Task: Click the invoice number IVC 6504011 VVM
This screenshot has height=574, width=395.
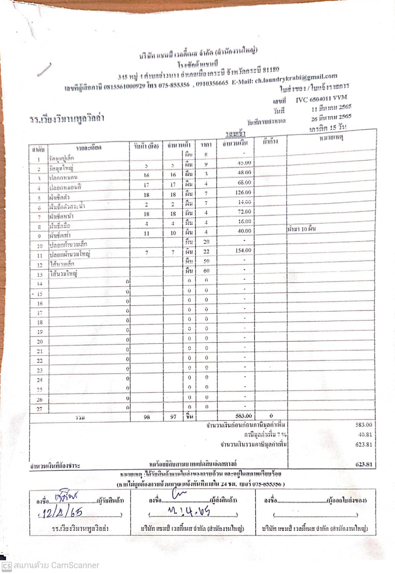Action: click(x=321, y=99)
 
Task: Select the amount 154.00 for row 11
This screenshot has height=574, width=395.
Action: click(x=243, y=251)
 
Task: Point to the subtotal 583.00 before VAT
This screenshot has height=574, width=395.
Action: click(x=363, y=424)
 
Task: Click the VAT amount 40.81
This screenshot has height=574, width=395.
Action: click(x=365, y=434)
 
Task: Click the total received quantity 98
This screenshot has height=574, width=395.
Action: click(x=147, y=417)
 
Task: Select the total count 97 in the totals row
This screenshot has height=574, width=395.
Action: click(x=173, y=417)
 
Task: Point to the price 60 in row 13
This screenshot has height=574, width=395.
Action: click(x=206, y=271)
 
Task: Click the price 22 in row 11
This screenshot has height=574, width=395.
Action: click(x=206, y=251)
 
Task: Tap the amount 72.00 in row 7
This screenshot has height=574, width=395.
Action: click(x=244, y=212)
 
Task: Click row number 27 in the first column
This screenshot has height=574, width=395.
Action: click(x=39, y=409)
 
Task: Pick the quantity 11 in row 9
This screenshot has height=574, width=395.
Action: click(x=147, y=233)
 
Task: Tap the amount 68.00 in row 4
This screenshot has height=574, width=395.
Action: click(x=244, y=183)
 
